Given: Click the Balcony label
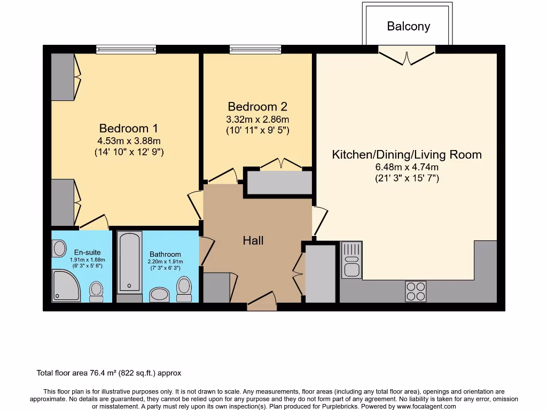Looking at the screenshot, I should tap(409, 26).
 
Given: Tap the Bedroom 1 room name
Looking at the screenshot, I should tap(128, 129).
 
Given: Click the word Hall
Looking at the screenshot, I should tap(253, 241).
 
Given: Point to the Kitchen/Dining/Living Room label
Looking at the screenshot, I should tap(407, 155).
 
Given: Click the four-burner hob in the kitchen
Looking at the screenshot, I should tap(416, 291).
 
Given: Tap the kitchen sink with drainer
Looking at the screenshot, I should tap(351, 260).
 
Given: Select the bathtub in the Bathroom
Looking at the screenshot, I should tap(129, 262).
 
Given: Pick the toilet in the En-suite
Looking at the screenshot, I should tap(96, 291).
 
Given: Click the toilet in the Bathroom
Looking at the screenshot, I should tap(184, 289).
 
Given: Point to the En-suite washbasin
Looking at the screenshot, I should tap(59, 248).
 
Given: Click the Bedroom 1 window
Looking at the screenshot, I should tap(127, 50).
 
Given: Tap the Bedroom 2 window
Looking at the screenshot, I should tap(255, 50).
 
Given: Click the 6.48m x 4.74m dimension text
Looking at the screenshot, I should tap(407, 168).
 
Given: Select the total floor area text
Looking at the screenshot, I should tap(112, 373).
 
